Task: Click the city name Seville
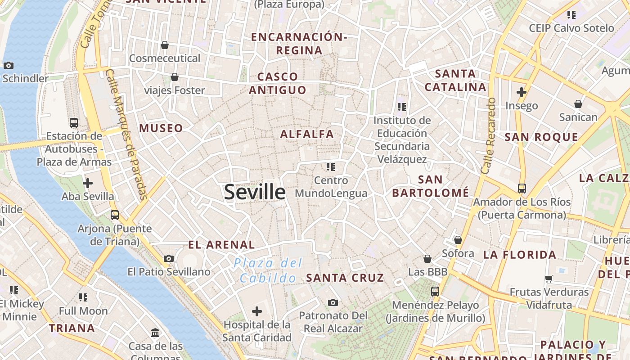[255, 192]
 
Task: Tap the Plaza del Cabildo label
[268, 270]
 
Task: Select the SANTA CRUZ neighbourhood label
[345, 278]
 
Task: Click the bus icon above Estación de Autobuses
[74, 122]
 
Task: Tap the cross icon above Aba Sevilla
[88, 183]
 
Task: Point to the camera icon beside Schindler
[9, 66]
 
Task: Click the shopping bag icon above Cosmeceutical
[165, 45]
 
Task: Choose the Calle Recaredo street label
[488, 135]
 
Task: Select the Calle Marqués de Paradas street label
[126, 134]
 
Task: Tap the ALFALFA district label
[307, 134]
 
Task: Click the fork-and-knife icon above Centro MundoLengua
[331, 167]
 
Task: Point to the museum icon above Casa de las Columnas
[155, 333]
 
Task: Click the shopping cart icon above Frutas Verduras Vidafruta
[549, 279]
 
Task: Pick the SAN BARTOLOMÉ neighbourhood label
[430, 186]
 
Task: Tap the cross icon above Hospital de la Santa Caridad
[257, 311]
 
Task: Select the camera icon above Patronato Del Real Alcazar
[333, 302]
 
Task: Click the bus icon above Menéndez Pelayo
[435, 291]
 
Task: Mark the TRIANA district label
[72, 328]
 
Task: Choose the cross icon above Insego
[522, 93]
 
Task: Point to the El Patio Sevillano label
[169, 272]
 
